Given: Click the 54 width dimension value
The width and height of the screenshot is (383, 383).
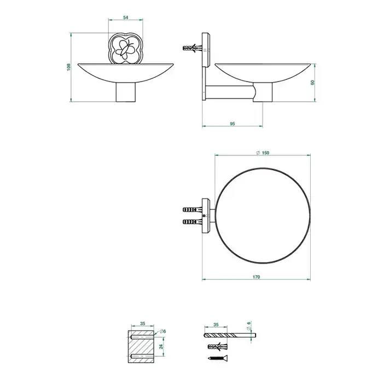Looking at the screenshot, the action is (125, 18).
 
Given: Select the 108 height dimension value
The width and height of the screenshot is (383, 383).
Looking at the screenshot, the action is (68, 67).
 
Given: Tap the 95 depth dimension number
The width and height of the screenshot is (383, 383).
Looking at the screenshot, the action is (233, 124).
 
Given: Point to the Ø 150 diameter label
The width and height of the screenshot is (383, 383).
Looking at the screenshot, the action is (263, 153).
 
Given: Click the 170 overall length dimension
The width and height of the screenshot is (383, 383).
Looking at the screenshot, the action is (256, 277).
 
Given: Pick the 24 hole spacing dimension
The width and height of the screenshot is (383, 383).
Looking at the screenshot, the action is (161, 346).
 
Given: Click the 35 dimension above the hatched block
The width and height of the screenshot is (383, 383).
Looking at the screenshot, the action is (143, 324).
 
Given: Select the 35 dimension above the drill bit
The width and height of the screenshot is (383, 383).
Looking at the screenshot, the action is (216, 324).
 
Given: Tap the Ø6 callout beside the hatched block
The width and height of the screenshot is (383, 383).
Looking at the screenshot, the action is (163, 331).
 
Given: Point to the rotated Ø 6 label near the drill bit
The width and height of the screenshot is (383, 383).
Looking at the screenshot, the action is (249, 326).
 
